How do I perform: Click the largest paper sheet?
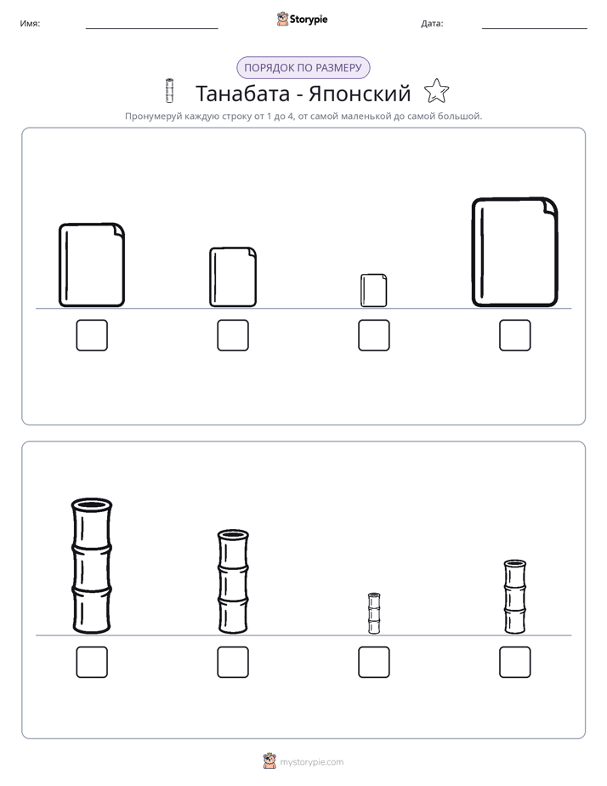(x=515, y=252)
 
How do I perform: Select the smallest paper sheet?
(x=373, y=290)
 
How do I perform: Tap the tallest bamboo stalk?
(x=92, y=566)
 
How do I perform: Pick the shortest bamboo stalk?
(x=374, y=613)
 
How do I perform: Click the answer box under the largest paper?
(x=515, y=335)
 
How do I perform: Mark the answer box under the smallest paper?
(x=374, y=335)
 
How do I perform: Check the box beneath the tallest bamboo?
(x=92, y=662)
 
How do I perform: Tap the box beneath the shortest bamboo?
(x=374, y=662)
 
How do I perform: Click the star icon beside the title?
(x=436, y=91)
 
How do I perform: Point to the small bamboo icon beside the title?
(x=169, y=91)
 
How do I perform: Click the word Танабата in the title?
(x=242, y=94)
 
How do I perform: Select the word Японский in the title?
(x=360, y=94)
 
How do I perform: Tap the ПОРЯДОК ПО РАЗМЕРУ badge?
(x=303, y=68)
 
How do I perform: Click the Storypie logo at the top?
(x=302, y=19)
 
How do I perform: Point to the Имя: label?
(x=30, y=24)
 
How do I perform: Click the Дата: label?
(x=432, y=24)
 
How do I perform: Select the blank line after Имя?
(x=151, y=29)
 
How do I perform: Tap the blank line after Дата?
(x=535, y=29)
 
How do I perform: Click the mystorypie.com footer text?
(x=311, y=762)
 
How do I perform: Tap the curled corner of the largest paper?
(x=549, y=206)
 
